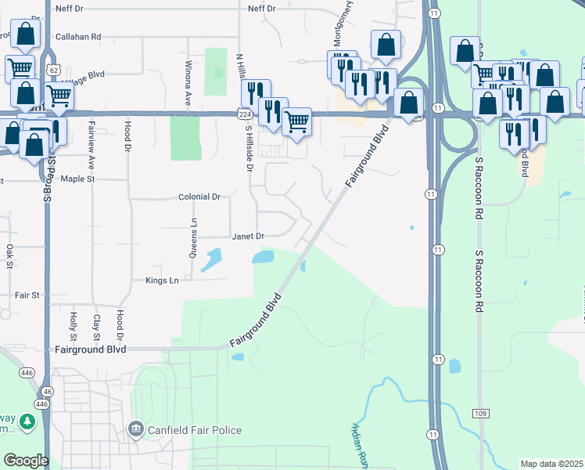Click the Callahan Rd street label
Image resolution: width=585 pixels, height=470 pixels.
coord(78,36)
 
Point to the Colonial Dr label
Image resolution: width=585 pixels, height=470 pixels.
coord(199,197)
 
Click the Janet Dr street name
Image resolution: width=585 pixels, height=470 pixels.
coord(249,236)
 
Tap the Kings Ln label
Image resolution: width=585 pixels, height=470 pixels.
coord(162,280)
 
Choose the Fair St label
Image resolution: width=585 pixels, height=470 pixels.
coord(27,295)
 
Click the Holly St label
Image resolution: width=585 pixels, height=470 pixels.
coord(73,324)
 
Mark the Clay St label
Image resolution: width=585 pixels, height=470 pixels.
coord(96,324)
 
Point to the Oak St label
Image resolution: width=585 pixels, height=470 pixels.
coord(10,255)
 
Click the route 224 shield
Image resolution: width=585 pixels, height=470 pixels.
coord(245,114)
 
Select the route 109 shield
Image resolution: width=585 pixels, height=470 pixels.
coord(480,413)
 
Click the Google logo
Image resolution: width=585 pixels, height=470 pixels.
coord(25,461)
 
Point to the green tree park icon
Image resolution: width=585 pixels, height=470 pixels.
coord(28,423)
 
